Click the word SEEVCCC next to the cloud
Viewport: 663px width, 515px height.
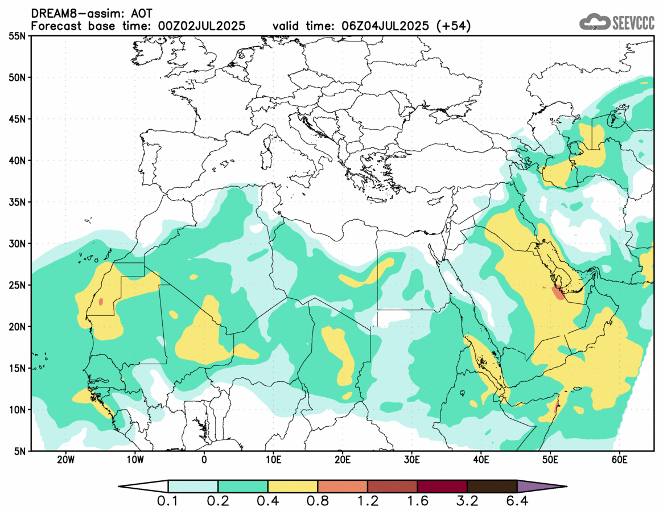coord(633,23)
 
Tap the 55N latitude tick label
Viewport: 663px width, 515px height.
coord(17,36)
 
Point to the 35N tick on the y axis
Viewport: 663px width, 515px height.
coord(17,202)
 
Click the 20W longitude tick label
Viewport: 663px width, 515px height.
coord(66,459)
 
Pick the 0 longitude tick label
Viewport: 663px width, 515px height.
coord(204,459)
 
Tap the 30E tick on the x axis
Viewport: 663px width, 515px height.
coord(411,459)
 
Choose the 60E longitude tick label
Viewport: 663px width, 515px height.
coord(619,459)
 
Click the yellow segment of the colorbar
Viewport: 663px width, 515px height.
coord(293,487)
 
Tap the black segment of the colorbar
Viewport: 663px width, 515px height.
coord(492,487)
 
